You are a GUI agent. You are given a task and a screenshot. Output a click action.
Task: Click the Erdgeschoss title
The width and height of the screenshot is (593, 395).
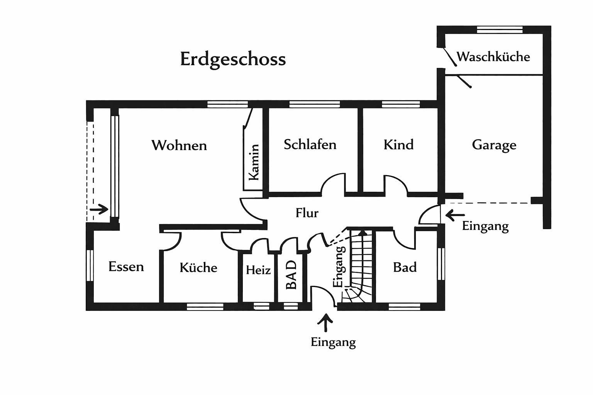point(233,59)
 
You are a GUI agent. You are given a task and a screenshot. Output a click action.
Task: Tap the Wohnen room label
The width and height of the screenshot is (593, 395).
point(179,145)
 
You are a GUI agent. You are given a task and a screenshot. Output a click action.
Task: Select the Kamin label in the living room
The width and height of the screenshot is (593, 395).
point(254,162)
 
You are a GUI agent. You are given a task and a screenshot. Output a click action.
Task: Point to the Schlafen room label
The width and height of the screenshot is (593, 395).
point(310,145)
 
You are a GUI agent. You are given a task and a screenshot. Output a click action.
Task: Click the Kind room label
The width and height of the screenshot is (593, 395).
point(398,145)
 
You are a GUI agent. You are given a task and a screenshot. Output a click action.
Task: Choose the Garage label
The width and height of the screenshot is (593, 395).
point(494,145)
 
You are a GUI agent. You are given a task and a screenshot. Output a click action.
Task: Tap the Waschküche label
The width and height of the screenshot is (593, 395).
point(493,57)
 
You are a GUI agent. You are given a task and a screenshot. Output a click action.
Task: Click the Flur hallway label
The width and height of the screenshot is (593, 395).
point(307,213)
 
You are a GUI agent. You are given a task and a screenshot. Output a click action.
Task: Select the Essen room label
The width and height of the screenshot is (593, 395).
point(126,267)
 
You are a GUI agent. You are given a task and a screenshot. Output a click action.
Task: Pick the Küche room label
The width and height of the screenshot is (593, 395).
point(198,268)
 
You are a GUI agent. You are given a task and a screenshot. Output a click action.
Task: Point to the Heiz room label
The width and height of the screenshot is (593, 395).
point(258,270)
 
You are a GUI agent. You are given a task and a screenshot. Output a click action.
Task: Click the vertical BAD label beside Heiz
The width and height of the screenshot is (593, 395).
point(291,275)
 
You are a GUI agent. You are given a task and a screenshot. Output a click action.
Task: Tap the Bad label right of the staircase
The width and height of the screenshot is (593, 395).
point(405,267)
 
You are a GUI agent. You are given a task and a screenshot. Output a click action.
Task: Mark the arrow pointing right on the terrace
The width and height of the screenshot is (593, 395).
point(99,209)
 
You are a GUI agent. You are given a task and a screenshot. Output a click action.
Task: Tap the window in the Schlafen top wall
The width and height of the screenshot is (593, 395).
point(314,104)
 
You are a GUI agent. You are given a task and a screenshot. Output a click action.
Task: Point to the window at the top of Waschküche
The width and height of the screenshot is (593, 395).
point(500,30)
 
